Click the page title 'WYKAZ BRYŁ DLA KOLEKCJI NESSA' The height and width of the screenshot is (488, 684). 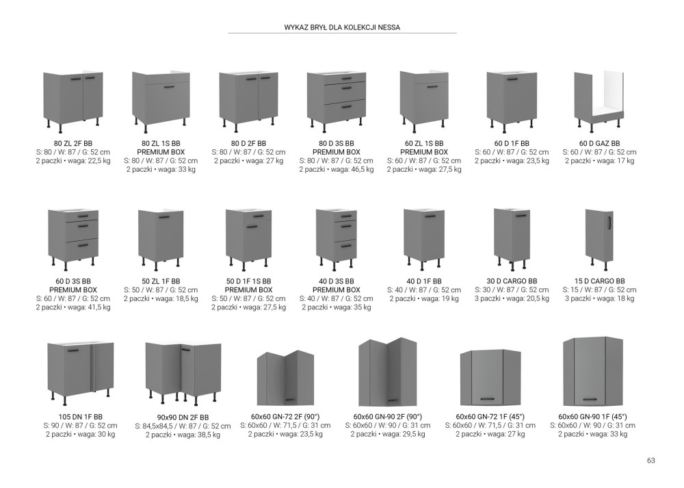point(342,27)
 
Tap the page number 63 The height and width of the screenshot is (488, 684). point(651,461)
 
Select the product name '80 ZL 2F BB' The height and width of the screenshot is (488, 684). point(73,143)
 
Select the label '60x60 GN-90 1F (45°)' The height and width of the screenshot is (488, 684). point(592,416)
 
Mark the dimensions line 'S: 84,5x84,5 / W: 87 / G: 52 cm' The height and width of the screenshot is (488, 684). point(183,426)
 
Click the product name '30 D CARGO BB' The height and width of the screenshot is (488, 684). point(512,281)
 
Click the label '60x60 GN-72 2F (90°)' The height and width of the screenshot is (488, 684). point(285,416)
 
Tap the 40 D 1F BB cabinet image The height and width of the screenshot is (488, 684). point(424,239)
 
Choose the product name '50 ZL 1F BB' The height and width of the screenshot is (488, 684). point(161,281)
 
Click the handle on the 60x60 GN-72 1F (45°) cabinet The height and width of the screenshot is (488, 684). point(487,398)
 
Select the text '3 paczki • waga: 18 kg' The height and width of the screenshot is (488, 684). point(599,298)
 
